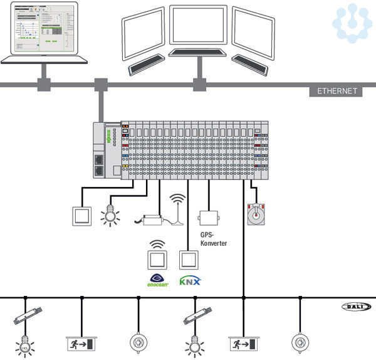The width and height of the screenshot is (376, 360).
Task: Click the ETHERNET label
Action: [337, 91]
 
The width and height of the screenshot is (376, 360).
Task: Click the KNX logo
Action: [190, 280]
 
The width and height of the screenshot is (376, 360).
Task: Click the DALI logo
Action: [357, 306]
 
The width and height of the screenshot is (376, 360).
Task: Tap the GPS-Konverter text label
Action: [213, 240]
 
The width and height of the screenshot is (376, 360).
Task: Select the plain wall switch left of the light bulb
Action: [82, 216]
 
